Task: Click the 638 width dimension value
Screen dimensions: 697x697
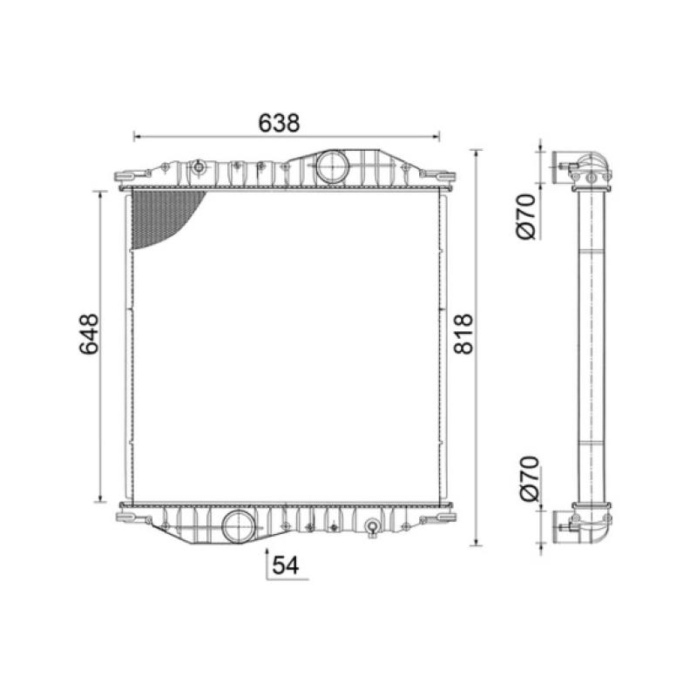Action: [x=279, y=124]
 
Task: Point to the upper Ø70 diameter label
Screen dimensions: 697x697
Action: [x=524, y=217]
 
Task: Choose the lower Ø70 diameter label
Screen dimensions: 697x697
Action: [x=524, y=478]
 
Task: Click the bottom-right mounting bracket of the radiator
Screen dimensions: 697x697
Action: [x=443, y=517]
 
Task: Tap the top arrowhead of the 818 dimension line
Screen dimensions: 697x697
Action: [x=476, y=153]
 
